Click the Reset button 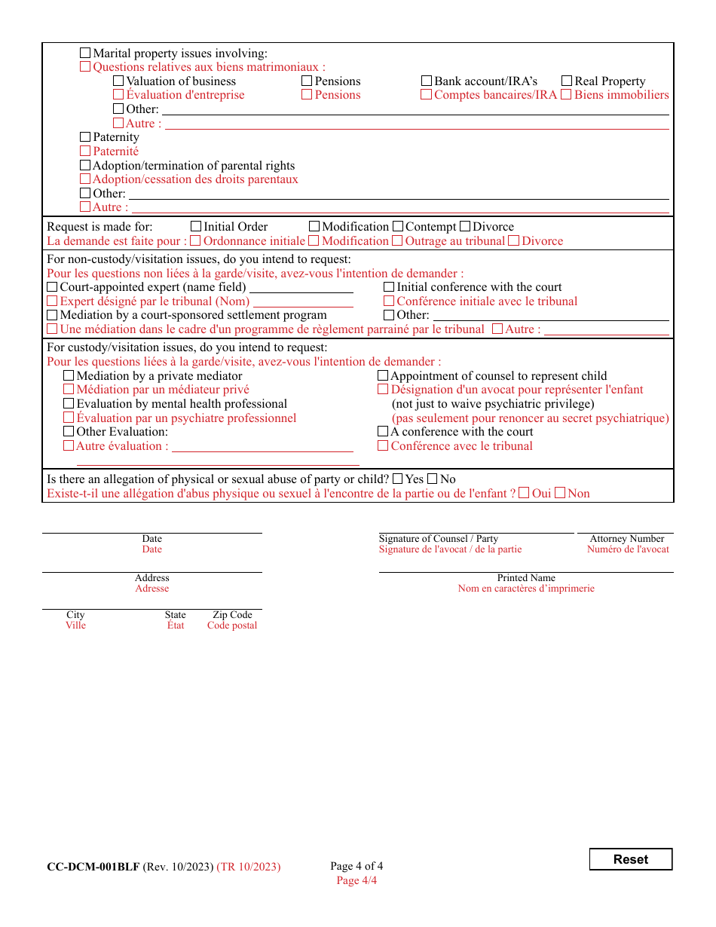coord(630,859)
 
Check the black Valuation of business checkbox coord(118,81)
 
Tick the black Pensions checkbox coord(307,81)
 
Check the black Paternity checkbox coord(85,137)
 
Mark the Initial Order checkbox coord(196,227)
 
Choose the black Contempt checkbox coord(399,227)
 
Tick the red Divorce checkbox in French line coord(513,241)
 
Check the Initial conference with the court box coord(389,287)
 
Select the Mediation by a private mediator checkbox coord(69,376)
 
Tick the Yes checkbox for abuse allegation coord(398,479)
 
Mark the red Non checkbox coord(559,494)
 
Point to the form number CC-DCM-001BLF coord(93,867)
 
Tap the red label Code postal coord(232,626)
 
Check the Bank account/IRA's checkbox coord(427,81)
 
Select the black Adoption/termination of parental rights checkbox coord(85,166)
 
